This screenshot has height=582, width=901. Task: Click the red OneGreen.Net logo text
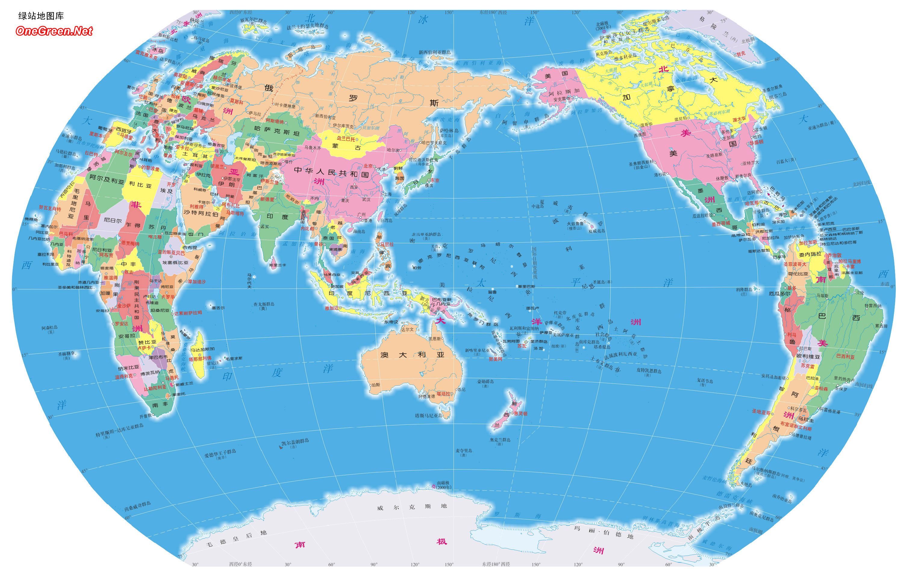pyautogui.click(x=54, y=31)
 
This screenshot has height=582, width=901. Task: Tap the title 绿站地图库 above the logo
pyautogui.click(x=41, y=16)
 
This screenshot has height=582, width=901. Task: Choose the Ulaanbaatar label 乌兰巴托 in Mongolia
pyautogui.click(x=345, y=139)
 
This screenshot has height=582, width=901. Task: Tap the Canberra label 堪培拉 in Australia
pyautogui.click(x=443, y=394)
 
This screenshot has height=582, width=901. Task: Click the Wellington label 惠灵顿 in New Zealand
pyautogui.click(x=520, y=414)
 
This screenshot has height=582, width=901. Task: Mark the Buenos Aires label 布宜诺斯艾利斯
pyautogui.click(x=796, y=426)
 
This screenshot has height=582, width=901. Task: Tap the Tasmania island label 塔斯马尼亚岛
pyautogui.click(x=429, y=416)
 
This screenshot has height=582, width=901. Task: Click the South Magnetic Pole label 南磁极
pyautogui.click(x=443, y=483)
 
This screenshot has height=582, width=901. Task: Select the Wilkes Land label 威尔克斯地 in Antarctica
pyautogui.click(x=412, y=507)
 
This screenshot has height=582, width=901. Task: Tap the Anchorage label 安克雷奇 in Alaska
pyautogui.click(x=562, y=99)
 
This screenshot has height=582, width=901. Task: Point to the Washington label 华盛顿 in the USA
pyautogui.click(x=756, y=142)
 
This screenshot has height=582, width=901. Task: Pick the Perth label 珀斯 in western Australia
pyautogui.click(x=376, y=385)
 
